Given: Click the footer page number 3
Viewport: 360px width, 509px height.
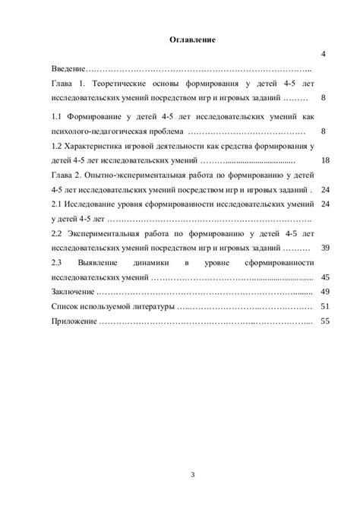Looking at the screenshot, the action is click(x=193, y=476).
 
